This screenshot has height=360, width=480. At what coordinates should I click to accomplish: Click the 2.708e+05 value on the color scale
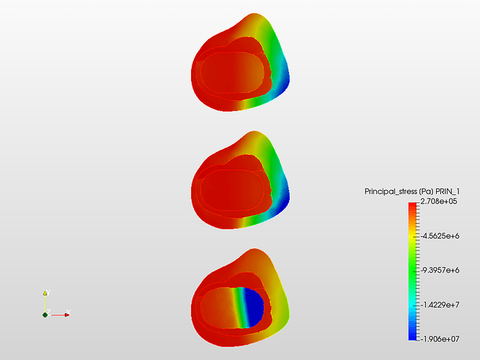click(x=439, y=202)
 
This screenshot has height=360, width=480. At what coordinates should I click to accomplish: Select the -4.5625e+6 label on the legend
click(x=440, y=236)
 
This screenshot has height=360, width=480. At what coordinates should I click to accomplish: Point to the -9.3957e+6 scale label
click(x=440, y=270)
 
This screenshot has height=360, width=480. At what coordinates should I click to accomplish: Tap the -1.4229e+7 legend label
click(x=440, y=305)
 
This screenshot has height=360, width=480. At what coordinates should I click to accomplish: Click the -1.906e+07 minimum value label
click(x=440, y=339)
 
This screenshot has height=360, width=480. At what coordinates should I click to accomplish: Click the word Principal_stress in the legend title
click(x=391, y=192)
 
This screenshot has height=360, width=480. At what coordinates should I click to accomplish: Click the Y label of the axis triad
click(x=48, y=292)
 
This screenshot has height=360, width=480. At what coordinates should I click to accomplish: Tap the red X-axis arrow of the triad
click(x=60, y=315)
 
